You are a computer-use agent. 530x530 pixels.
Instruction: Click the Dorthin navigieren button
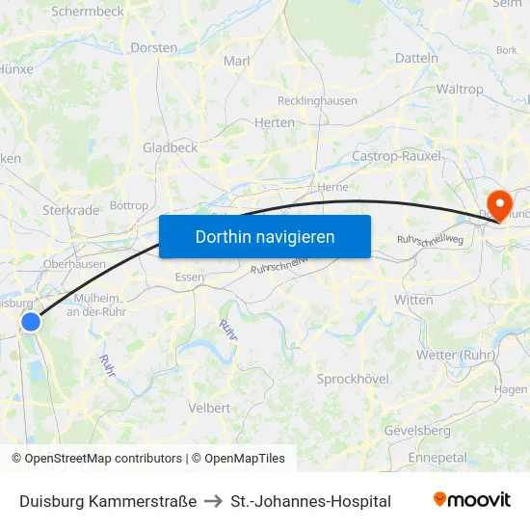(x=265, y=236)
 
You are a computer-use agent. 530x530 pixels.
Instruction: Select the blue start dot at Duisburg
(x=31, y=322)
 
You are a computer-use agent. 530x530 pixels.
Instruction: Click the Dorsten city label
(x=154, y=47)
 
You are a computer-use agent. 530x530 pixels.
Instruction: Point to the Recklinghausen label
(x=317, y=100)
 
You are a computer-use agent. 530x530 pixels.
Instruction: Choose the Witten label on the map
(x=413, y=300)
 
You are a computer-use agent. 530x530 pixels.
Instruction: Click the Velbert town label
(x=209, y=408)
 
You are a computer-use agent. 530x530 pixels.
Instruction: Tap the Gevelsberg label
(x=416, y=430)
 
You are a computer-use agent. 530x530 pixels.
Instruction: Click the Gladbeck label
(x=170, y=147)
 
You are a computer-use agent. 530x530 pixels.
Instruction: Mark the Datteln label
(x=416, y=58)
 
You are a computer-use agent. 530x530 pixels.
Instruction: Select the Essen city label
(x=189, y=278)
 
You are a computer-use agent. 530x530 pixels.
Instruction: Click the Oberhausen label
(x=74, y=264)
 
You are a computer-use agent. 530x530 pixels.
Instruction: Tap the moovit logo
(x=471, y=500)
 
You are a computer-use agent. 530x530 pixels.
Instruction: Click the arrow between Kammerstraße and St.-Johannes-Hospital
(x=214, y=501)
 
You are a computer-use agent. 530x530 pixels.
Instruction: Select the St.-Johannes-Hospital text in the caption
(x=311, y=501)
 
